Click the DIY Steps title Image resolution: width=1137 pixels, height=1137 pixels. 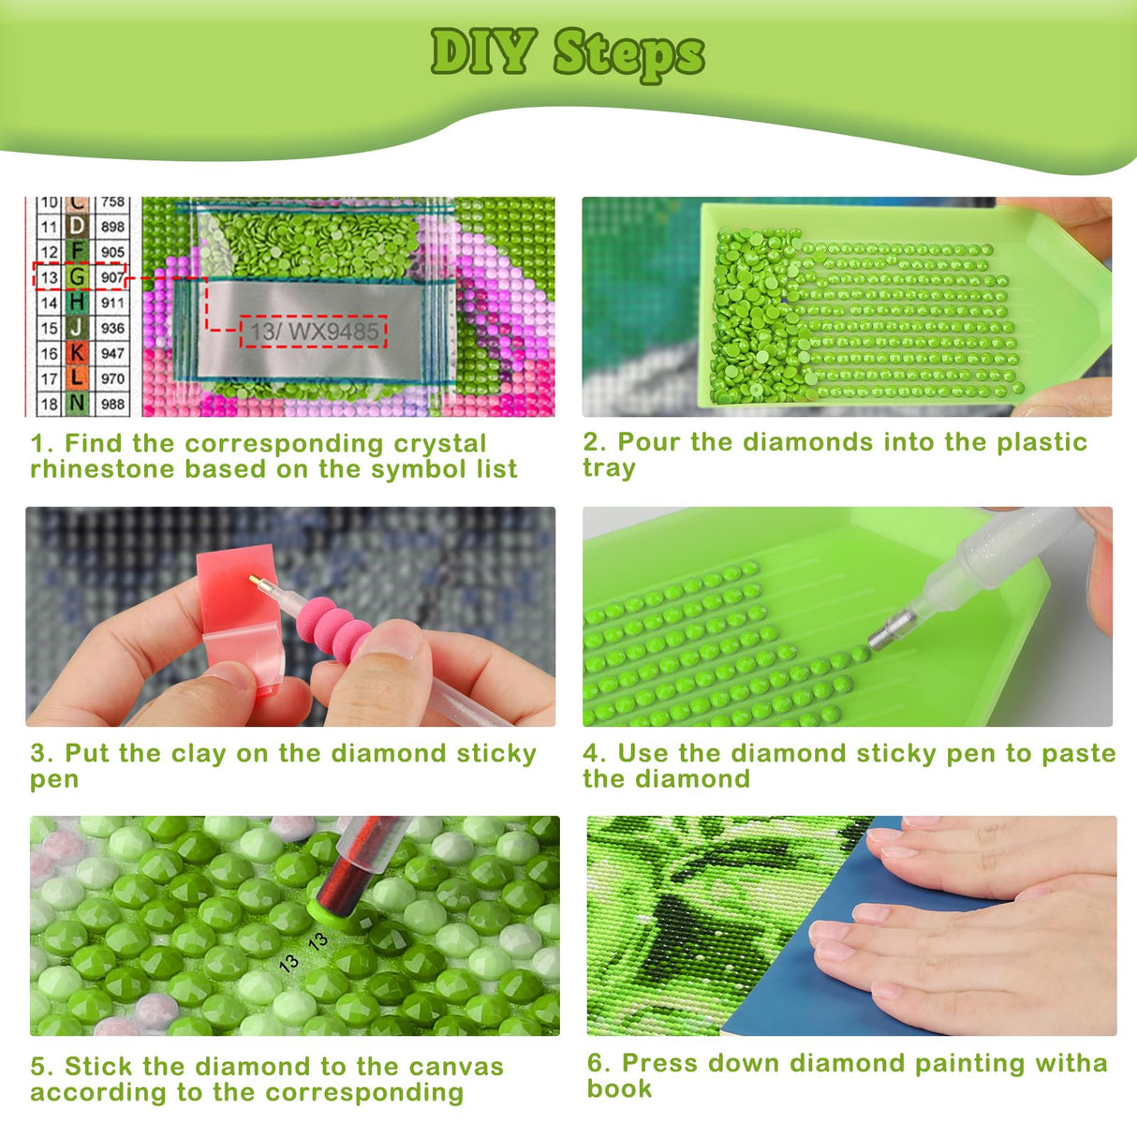click(x=568, y=54)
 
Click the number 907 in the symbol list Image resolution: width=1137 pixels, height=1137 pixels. click(x=112, y=276)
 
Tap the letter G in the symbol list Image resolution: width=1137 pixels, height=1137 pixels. click(x=77, y=276)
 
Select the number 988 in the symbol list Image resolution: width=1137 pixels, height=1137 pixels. click(x=112, y=404)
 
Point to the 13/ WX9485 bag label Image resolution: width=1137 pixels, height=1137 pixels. click(x=314, y=332)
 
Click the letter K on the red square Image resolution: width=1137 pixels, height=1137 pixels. click(x=77, y=353)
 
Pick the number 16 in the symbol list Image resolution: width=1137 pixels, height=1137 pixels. click(x=49, y=353)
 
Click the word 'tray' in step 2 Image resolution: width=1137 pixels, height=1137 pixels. click(x=609, y=468)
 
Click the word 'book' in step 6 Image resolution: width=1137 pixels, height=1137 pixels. click(x=619, y=1088)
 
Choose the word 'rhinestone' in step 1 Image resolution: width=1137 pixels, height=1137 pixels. click(x=102, y=469)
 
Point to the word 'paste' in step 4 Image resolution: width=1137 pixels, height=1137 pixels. click(x=1078, y=754)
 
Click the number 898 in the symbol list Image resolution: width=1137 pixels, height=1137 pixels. click(x=112, y=226)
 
